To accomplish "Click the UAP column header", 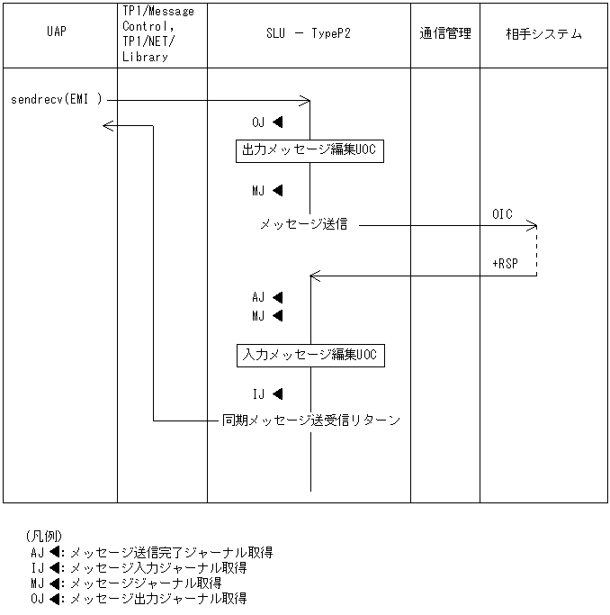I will (56, 34).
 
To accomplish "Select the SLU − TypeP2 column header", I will (309, 34).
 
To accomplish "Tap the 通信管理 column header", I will (444, 34).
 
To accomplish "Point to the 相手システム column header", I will (543, 34).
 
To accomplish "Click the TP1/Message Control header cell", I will (157, 34).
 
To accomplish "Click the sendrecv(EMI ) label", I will (57, 98).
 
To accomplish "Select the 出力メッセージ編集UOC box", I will (310, 149).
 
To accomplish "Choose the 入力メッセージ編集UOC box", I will (310, 355).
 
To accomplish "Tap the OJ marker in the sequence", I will (267, 122).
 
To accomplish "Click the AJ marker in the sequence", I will (267, 296).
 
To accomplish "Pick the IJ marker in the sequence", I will (267, 393).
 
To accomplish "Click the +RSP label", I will (506, 263).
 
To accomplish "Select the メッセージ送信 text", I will (304, 225).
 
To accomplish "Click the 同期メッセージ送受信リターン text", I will (311, 420).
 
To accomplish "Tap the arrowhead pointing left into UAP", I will (108, 125).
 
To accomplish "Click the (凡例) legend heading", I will (44, 536).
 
